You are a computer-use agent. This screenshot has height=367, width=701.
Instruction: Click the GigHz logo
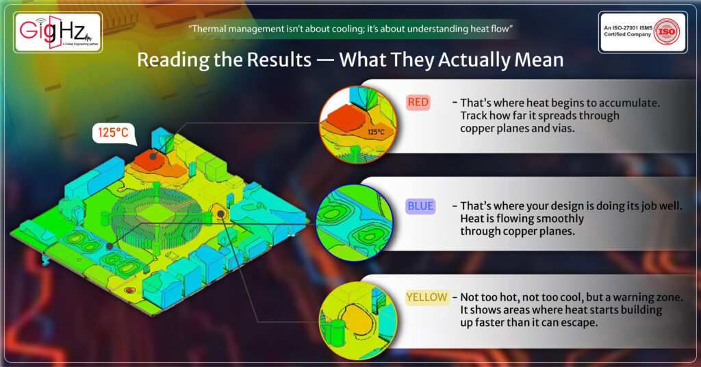[58, 32]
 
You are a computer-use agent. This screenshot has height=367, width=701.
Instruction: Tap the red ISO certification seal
[666, 31]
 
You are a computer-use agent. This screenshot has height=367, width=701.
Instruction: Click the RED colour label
[418, 103]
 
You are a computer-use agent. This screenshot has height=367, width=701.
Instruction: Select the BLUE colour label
[420, 206]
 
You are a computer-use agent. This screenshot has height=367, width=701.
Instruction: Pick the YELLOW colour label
[426, 297]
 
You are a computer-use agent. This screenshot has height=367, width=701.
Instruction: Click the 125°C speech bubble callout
[114, 134]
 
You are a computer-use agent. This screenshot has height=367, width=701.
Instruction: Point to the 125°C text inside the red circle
[376, 132]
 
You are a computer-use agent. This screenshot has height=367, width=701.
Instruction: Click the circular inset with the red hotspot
[357, 124]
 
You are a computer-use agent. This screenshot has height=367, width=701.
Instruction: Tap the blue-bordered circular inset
[355, 222]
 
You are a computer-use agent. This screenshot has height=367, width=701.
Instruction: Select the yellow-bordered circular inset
[357, 320]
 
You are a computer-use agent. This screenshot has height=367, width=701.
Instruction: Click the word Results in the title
[279, 60]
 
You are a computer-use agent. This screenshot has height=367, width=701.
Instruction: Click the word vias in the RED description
[563, 128]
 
